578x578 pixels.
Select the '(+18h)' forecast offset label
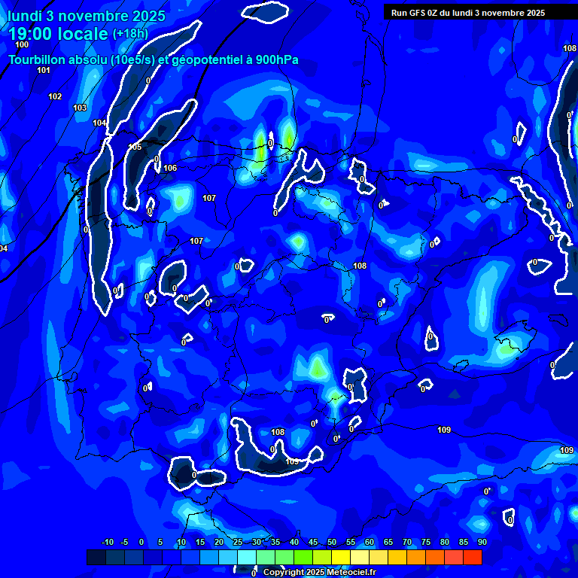[x=131, y=33]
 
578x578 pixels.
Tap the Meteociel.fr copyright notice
[x=319, y=573]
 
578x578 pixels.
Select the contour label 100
[x=22, y=44]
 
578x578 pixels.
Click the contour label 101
[x=44, y=70]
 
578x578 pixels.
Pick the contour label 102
[x=55, y=96]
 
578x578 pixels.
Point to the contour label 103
[x=80, y=108]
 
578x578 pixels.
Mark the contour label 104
[x=99, y=123]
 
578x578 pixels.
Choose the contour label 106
[x=170, y=168]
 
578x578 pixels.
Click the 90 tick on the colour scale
[x=482, y=542]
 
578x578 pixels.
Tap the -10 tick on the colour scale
[x=108, y=542]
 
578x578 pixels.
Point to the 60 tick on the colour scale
[x=370, y=542]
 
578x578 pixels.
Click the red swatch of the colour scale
[x=473, y=557]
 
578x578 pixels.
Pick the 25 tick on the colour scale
[x=238, y=542]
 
